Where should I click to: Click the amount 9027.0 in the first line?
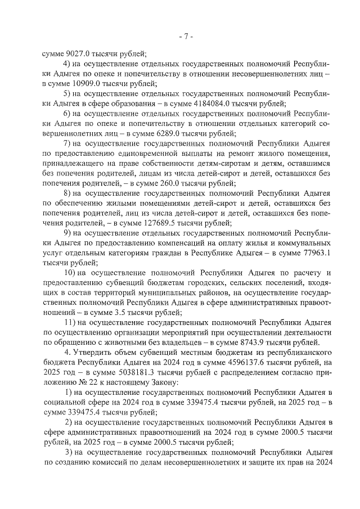coord(75,55)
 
